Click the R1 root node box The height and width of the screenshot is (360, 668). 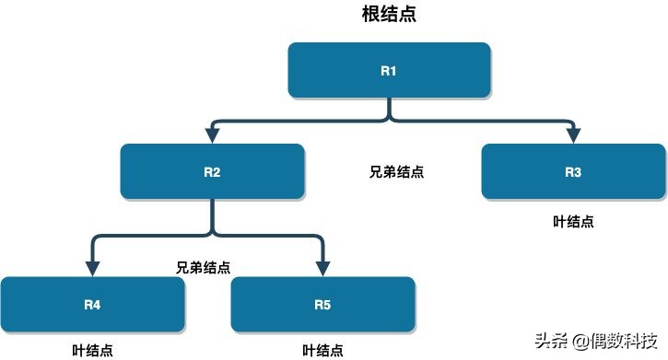click(x=389, y=70)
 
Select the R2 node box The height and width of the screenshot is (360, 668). click(x=212, y=171)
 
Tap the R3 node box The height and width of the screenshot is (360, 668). click(x=573, y=171)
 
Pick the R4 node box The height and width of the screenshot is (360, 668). click(x=92, y=304)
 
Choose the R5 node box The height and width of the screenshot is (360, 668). click(x=322, y=304)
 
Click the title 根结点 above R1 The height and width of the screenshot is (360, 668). click(x=390, y=17)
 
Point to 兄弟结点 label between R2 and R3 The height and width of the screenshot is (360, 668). click(x=396, y=171)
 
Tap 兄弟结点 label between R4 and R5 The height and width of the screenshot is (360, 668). click(x=204, y=267)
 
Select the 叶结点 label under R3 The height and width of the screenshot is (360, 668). click(x=573, y=221)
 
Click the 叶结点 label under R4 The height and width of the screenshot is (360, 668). click(x=92, y=350)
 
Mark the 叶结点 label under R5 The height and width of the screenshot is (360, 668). click(x=322, y=350)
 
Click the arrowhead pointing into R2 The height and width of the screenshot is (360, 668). click(x=213, y=136)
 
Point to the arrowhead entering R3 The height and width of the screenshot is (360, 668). click(x=573, y=136)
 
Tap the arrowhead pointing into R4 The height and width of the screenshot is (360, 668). click(x=92, y=269)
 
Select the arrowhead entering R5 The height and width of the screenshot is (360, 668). click(x=322, y=269)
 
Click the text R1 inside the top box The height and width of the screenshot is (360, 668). click(x=389, y=71)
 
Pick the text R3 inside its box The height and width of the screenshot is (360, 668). click(x=573, y=172)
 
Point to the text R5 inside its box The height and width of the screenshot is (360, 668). click(x=322, y=305)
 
